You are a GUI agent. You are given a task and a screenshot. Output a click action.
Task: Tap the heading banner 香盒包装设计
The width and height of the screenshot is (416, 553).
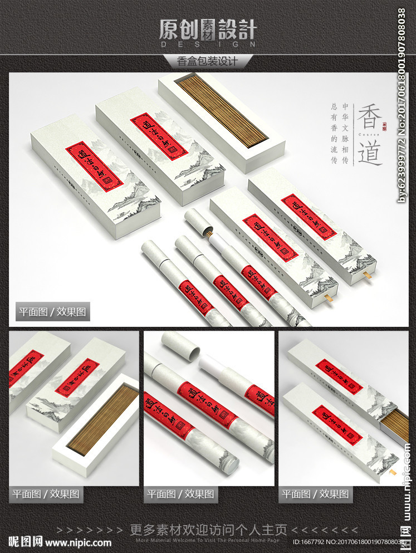(208, 61)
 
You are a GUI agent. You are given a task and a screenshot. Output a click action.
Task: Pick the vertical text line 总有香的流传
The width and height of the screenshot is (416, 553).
(334, 133)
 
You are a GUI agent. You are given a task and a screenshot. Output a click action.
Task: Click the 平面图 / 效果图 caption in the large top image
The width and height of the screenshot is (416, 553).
(52, 312)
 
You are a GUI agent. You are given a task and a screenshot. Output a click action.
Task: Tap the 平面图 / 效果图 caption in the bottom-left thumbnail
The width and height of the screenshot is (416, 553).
(46, 493)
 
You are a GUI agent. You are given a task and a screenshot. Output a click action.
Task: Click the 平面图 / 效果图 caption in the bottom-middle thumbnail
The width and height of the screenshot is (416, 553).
(180, 493)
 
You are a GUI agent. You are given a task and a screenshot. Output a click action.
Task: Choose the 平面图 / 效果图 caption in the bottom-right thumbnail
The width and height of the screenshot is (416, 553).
(315, 493)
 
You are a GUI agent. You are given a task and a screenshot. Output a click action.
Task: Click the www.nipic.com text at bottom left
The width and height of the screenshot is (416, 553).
(78, 542)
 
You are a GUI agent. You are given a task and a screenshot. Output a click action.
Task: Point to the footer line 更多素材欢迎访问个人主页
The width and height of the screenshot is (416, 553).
(208, 529)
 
